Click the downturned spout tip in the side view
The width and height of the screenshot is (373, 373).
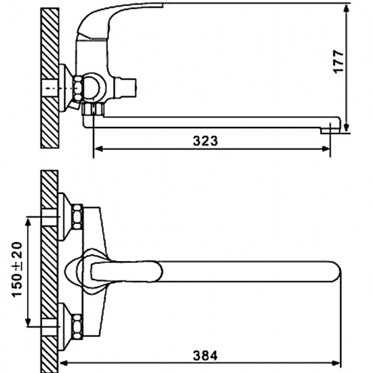[330, 126]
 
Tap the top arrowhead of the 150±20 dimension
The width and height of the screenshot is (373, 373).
[28, 220]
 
